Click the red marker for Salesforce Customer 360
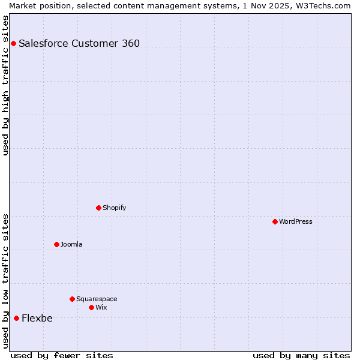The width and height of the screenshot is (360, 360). tap(13, 43)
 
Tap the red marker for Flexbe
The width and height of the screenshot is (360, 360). tap(16, 318)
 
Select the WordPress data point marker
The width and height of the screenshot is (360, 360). tap(275, 221)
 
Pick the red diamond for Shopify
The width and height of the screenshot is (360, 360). tap(98, 208)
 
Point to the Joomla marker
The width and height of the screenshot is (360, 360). tap(56, 244)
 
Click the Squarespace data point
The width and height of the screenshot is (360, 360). tap(72, 299)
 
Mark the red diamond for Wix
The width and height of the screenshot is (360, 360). tap(91, 307)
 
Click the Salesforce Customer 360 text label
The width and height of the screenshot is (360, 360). tap(79, 43)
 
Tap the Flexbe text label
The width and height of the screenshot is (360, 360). tap(37, 318)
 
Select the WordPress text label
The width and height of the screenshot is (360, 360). tap(296, 221)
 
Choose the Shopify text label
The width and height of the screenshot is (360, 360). tap(114, 208)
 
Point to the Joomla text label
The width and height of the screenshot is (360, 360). tap(71, 244)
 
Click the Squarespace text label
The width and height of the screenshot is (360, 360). tap(97, 299)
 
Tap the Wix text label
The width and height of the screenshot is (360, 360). tap(101, 307)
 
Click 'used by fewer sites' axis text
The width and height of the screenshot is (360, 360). tap(62, 355)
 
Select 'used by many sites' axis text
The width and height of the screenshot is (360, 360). tap(301, 355)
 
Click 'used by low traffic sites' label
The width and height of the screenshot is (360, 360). tap(5, 281)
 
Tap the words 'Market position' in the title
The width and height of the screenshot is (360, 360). tap(37, 5)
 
